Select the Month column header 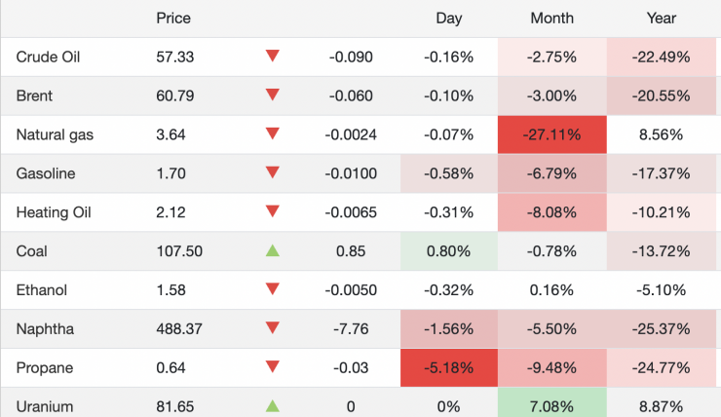(x=551, y=19)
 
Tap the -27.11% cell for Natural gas (x=551, y=134)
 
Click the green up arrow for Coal (x=273, y=250)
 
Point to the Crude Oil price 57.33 (x=175, y=57)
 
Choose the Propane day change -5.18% (x=448, y=367)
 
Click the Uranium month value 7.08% (x=551, y=405)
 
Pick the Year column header (x=662, y=19)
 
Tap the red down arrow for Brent (x=273, y=95)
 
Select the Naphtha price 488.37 (x=179, y=328)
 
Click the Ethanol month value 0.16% (x=551, y=289)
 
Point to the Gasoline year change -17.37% (x=662, y=173)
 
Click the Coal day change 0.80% (x=448, y=250)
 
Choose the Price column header (x=173, y=19)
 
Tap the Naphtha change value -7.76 (x=351, y=328)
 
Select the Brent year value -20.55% (x=662, y=95)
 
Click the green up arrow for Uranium (x=273, y=405)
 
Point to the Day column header (x=449, y=19)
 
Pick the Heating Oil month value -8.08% (x=551, y=212)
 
